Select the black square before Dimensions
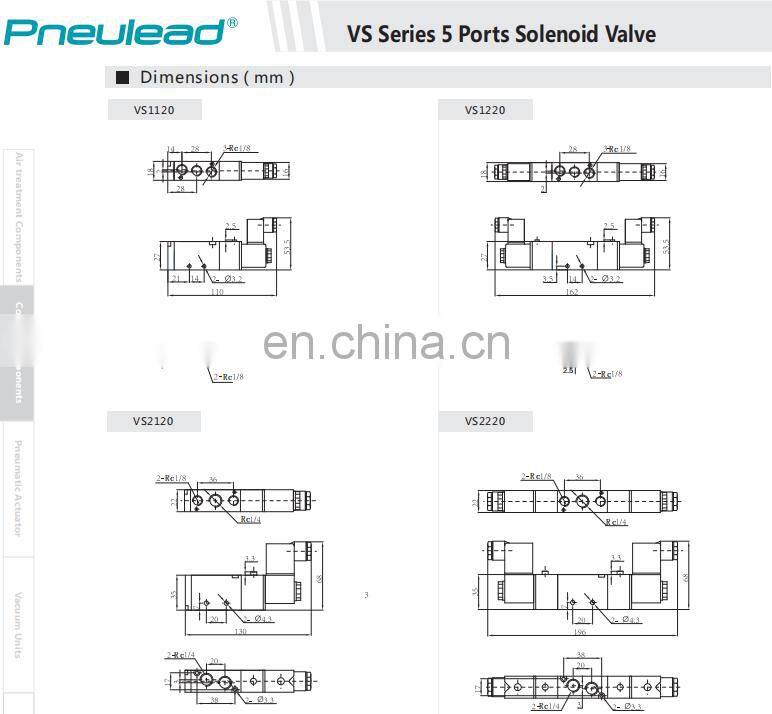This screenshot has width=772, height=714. [x=123, y=78]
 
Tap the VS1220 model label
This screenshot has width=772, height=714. [x=485, y=110]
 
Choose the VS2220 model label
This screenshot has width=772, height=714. [x=485, y=421]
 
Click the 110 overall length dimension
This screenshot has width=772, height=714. [x=216, y=292]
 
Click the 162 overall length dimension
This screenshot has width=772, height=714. [x=572, y=292]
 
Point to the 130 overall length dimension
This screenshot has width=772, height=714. [x=240, y=632]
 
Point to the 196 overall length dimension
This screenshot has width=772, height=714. [x=580, y=632]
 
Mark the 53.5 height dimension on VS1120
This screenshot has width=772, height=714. [x=287, y=246]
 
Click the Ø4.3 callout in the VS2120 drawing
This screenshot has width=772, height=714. [x=263, y=619]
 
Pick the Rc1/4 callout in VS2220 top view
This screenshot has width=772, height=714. [x=617, y=522]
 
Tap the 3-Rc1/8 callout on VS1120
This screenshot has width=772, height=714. [x=237, y=148]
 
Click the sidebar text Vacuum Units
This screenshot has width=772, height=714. [x=17, y=625]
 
